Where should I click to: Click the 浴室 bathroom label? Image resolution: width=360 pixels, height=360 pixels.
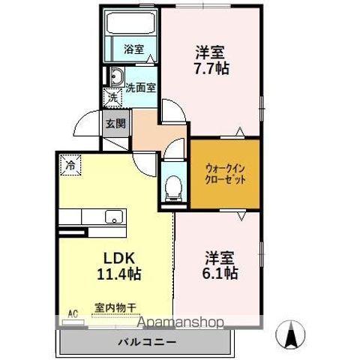[x=133, y=49]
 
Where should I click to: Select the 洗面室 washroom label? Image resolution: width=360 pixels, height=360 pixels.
[x=140, y=85]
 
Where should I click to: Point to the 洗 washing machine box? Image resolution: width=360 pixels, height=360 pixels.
[x=112, y=97]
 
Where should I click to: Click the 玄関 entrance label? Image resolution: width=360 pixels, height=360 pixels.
[x=115, y=124]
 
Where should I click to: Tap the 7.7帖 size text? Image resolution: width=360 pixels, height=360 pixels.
[x=212, y=68]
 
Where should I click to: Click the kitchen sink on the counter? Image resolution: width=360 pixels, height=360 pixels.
[x=113, y=218]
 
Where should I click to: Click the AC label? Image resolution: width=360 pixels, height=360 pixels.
[x=73, y=312]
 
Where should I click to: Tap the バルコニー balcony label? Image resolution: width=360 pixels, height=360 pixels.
[x=146, y=342]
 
